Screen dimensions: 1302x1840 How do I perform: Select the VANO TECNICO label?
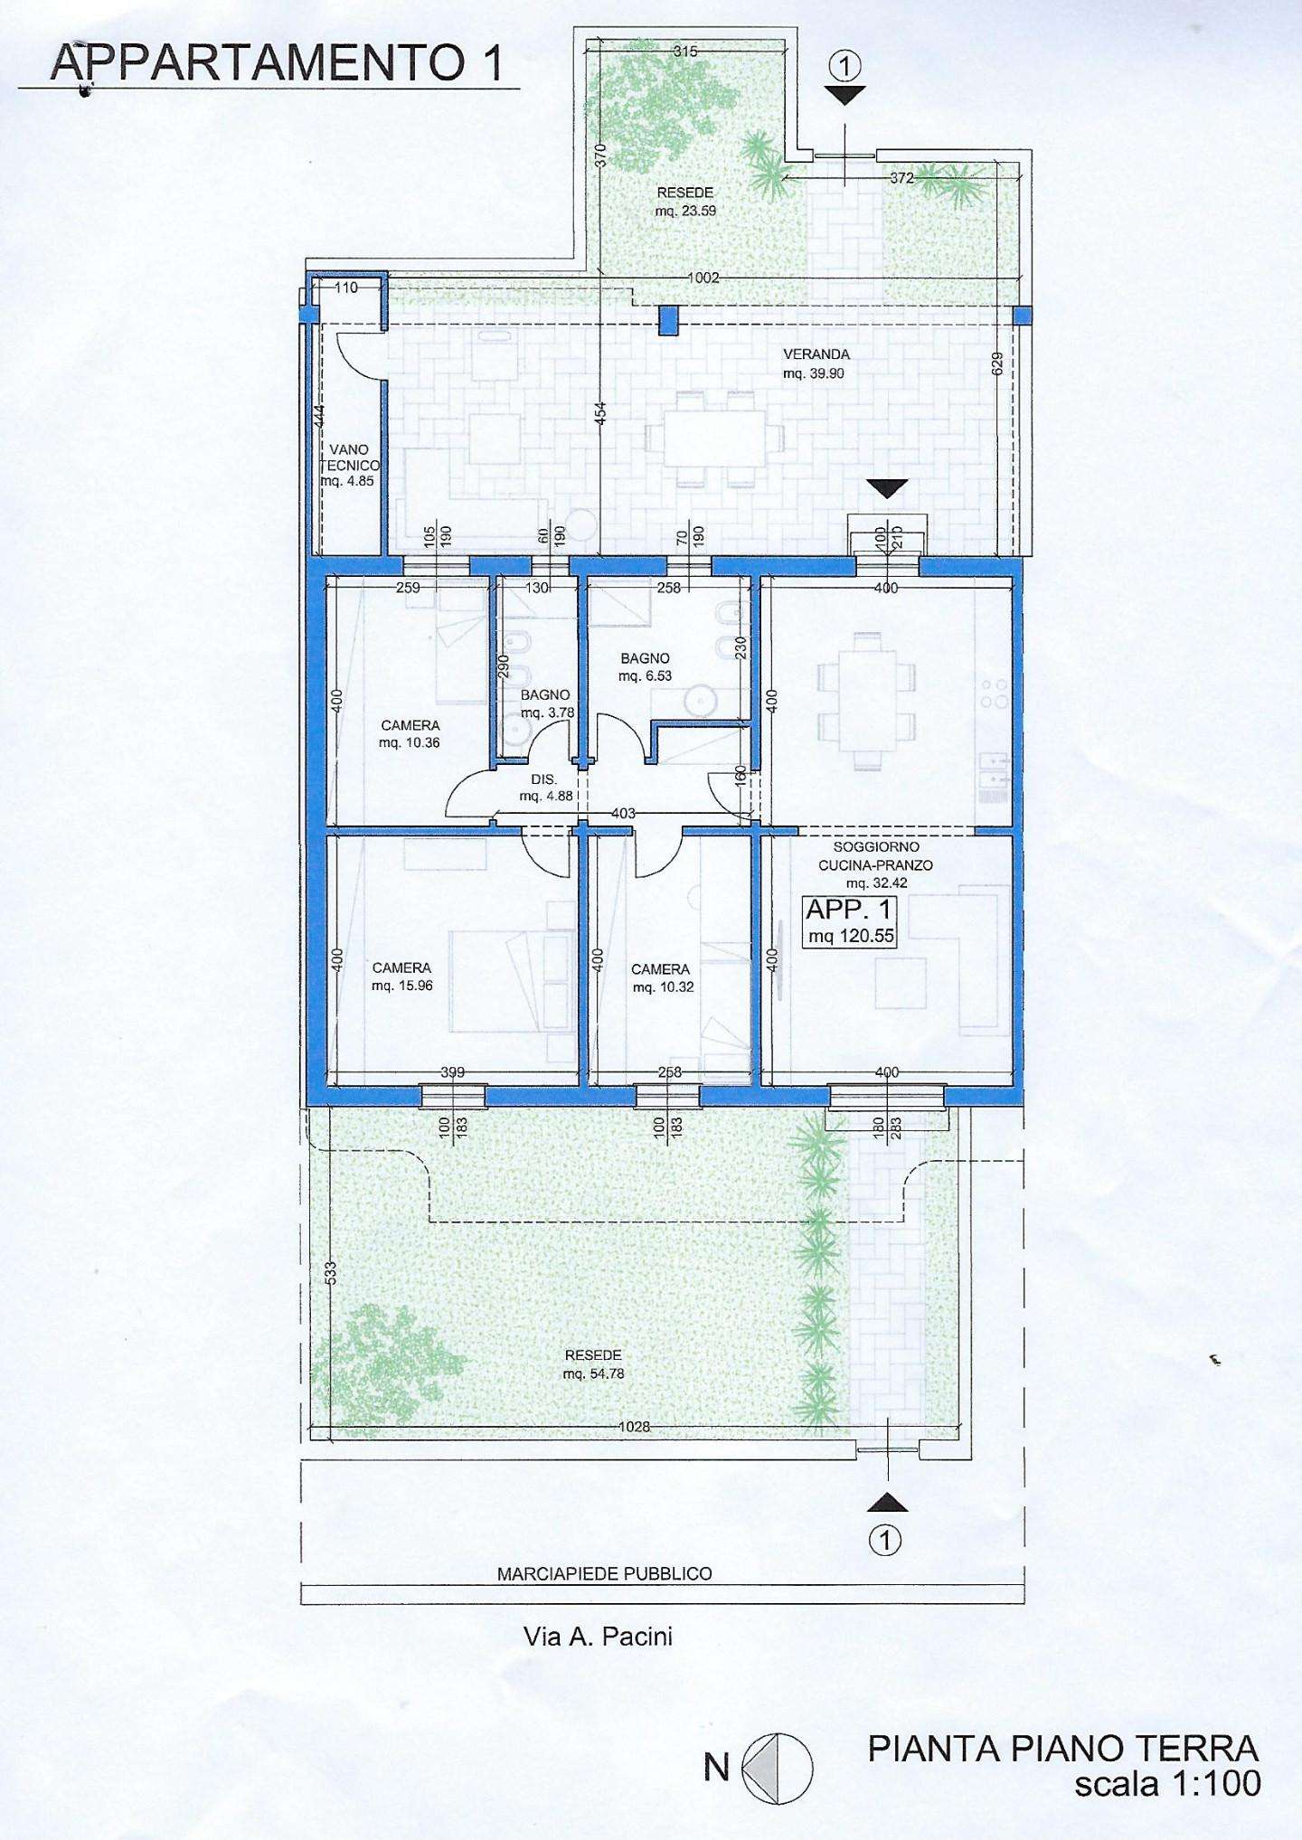point(349,465)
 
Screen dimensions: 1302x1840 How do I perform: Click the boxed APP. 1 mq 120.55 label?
point(850,922)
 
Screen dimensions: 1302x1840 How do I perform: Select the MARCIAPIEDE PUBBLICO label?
point(605,1573)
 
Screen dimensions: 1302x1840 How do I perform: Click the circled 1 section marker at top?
point(844,65)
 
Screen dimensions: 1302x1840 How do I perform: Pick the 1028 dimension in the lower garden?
point(635,1427)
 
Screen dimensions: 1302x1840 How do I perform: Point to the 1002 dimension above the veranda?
point(703,278)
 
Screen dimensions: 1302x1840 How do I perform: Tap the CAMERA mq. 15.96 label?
point(402,977)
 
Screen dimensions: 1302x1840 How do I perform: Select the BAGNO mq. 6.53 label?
point(645,667)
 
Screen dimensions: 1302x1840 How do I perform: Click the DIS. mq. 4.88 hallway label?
point(545,788)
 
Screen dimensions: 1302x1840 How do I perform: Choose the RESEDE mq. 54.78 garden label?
point(593,1364)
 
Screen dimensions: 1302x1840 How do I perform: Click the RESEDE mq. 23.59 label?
point(685,202)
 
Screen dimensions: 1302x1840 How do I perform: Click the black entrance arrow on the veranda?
point(890,488)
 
